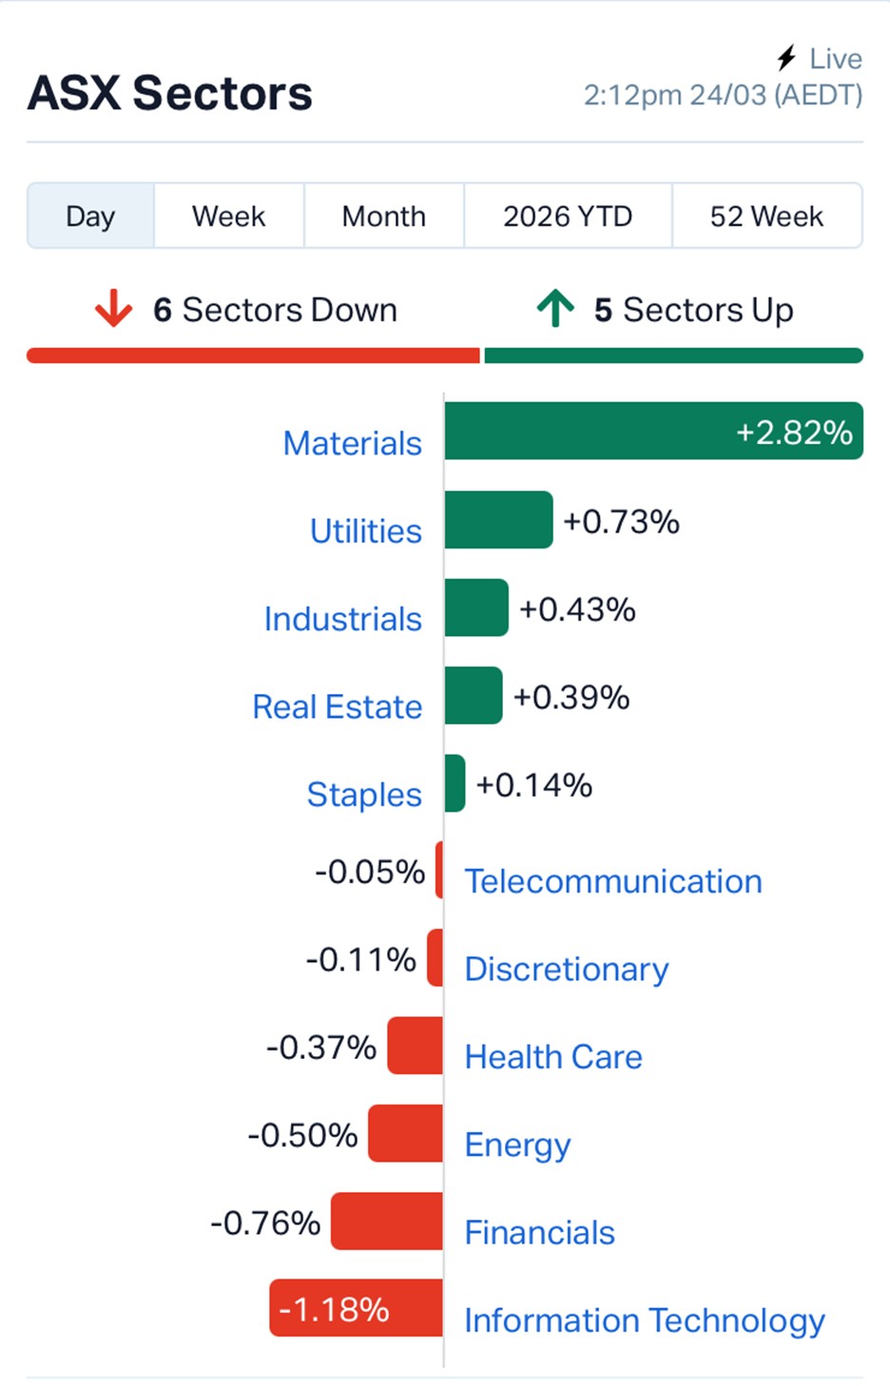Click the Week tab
[228, 217]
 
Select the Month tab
[383, 217]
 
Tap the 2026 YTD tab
[568, 217]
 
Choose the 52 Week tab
[766, 217]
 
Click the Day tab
[90, 217]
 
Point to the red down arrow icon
[113, 309]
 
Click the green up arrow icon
[555, 309]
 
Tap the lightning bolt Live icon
[786, 59]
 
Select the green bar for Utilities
[498, 520]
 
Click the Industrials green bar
[476, 607]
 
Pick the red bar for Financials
[387, 1222]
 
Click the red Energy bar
[406, 1133]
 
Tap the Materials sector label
[352, 443]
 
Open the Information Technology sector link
[644, 1320]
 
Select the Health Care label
[552, 1057]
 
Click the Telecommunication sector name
[612, 881]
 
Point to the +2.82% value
[794, 433]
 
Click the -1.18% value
[334, 1310]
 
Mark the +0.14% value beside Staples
[533, 785]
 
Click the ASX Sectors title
[170, 93]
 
